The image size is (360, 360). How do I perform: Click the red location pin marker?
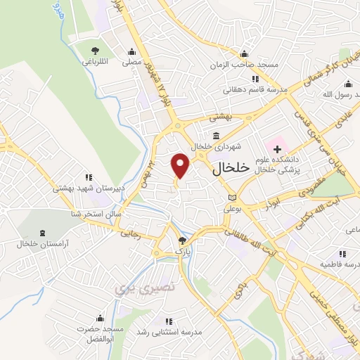[x=181, y=165]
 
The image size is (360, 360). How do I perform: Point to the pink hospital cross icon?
[x=277, y=149]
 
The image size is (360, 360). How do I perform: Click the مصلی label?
[x=131, y=62]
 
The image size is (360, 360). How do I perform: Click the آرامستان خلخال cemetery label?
[x=41, y=244]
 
